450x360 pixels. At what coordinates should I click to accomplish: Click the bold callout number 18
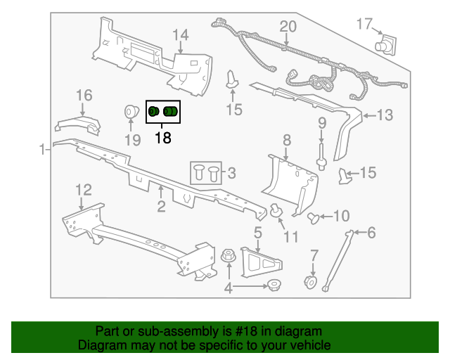coord(163,138)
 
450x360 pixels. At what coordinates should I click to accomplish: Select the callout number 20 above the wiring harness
coord(288,27)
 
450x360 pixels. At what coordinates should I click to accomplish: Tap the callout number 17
coord(364,24)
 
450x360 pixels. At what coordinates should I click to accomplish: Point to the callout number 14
coord(181,35)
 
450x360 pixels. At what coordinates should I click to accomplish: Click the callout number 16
coord(84,96)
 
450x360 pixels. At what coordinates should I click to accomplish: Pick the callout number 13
coord(385,115)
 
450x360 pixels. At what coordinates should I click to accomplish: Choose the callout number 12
coord(84,190)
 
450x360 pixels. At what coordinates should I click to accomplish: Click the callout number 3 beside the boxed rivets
coord(232,173)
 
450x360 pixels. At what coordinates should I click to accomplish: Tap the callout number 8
coord(287,141)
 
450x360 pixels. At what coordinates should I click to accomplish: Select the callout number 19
coord(133,141)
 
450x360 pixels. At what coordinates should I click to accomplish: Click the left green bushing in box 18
coord(153,111)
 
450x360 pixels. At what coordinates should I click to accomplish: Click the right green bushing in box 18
coord(170,111)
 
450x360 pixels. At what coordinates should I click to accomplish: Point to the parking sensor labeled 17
coord(386,45)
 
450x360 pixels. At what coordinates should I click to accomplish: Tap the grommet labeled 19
coord(131,112)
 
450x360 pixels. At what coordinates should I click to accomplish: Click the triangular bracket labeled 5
coord(261,263)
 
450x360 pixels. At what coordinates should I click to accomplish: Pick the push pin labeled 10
coord(313,218)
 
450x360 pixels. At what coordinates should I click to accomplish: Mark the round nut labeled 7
coord(311,282)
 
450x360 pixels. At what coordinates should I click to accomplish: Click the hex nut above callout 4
coord(229,255)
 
